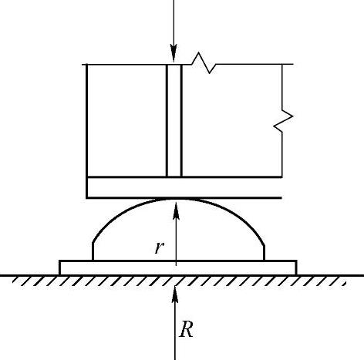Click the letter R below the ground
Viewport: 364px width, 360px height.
[186, 329]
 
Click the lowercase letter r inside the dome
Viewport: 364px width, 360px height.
[159, 247]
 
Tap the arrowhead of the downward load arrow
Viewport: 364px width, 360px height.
[174, 53]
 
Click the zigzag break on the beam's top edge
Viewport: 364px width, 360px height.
[204, 63]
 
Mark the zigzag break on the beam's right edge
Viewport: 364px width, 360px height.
[283, 121]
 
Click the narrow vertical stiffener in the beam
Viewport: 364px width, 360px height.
[174, 120]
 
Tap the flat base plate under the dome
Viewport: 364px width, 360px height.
[178, 267]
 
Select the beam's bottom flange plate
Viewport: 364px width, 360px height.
[184, 187]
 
